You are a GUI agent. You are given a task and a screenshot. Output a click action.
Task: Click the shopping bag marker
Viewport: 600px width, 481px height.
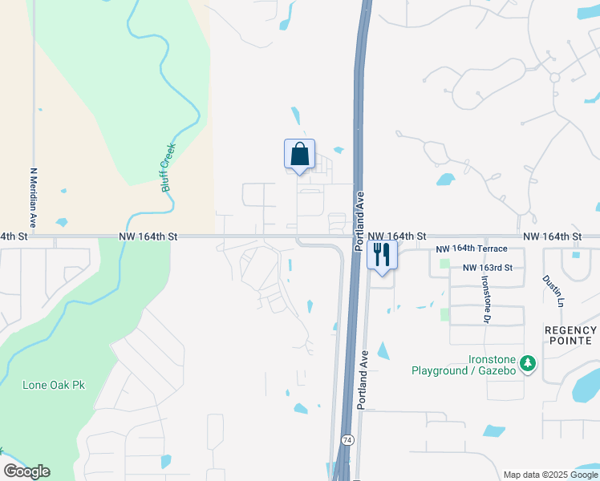click(x=299, y=154)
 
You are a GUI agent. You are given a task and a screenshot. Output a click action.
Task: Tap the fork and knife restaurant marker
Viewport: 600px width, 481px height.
click(x=382, y=255)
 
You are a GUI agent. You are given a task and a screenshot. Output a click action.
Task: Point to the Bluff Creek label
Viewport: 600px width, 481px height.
click(x=168, y=167)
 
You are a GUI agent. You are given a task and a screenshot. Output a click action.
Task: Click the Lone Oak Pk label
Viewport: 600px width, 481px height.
click(x=54, y=385)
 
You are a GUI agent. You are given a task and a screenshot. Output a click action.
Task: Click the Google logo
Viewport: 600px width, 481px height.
click(x=26, y=471)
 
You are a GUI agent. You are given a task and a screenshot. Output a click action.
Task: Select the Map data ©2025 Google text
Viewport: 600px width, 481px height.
click(x=550, y=475)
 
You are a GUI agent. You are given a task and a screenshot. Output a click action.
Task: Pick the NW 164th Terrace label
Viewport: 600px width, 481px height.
click(x=472, y=250)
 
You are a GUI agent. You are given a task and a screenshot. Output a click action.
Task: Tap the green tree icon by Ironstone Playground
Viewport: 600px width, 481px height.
click(x=527, y=365)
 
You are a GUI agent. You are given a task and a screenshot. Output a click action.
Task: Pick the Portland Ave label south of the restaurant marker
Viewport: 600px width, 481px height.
click(x=363, y=380)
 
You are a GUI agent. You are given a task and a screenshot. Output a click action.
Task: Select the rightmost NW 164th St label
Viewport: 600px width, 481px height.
click(x=552, y=236)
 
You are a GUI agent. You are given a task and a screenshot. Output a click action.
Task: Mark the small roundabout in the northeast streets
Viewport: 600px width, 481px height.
click(x=553, y=78)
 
